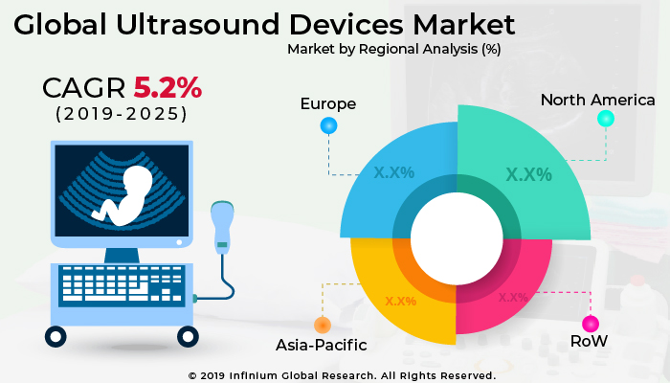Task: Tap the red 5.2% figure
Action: [x=167, y=88]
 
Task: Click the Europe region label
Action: [x=327, y=102]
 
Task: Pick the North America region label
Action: [x=597, y=100]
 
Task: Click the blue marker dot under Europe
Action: [x=328, y=124]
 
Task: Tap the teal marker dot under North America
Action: [x=605, y=119]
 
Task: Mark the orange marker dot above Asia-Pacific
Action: [x=323, y=325]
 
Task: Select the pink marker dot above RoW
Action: [x=591, y=323]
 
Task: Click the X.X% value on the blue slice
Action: [x=392, y=172]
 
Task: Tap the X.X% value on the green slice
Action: [x=528, y=174]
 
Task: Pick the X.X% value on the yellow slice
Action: [x=400, y=301]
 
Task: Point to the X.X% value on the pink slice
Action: [x=512, y=297]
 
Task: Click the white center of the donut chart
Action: [x=457, y=237]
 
